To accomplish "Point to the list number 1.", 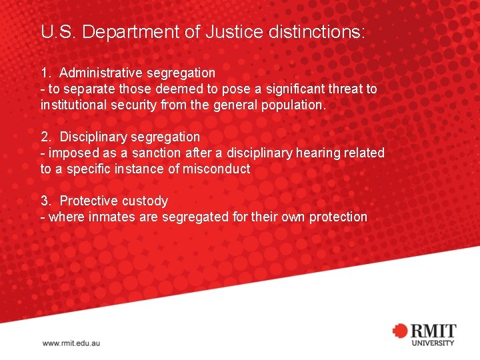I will (x=45, y=73).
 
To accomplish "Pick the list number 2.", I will (x=45, y=137).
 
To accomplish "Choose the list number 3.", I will (x=45, y=201).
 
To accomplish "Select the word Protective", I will (x=89, y=201).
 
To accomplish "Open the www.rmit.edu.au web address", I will (x=71, y=343).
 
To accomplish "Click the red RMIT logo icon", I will (x=400, y=331).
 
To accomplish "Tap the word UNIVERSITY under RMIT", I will (x=432, y=343).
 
